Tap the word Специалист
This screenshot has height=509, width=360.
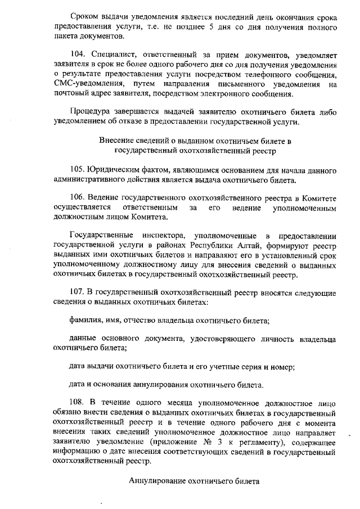[120, 55]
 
